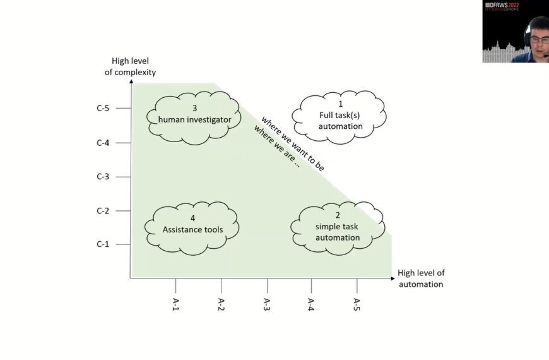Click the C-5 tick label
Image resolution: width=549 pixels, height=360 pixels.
point(103,109)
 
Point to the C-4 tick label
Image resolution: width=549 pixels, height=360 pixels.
point(103,143)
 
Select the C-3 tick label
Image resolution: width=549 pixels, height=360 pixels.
point(103,177)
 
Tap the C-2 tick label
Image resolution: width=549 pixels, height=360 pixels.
point(103,211)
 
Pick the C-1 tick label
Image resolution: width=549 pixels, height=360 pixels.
point(103,244)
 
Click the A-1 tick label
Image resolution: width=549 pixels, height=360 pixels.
point(176,304)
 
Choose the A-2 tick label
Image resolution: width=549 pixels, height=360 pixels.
point(221,304)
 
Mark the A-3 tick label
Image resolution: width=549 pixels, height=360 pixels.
point(267,304)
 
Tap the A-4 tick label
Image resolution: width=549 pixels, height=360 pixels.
point(311,304)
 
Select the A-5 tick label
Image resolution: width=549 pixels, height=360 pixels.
point(357,304)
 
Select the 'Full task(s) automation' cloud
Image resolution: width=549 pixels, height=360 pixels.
point(340,115)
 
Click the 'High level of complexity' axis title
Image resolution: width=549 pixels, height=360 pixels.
point(130,66)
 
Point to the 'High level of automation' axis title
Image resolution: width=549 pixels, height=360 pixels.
point(421,279)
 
